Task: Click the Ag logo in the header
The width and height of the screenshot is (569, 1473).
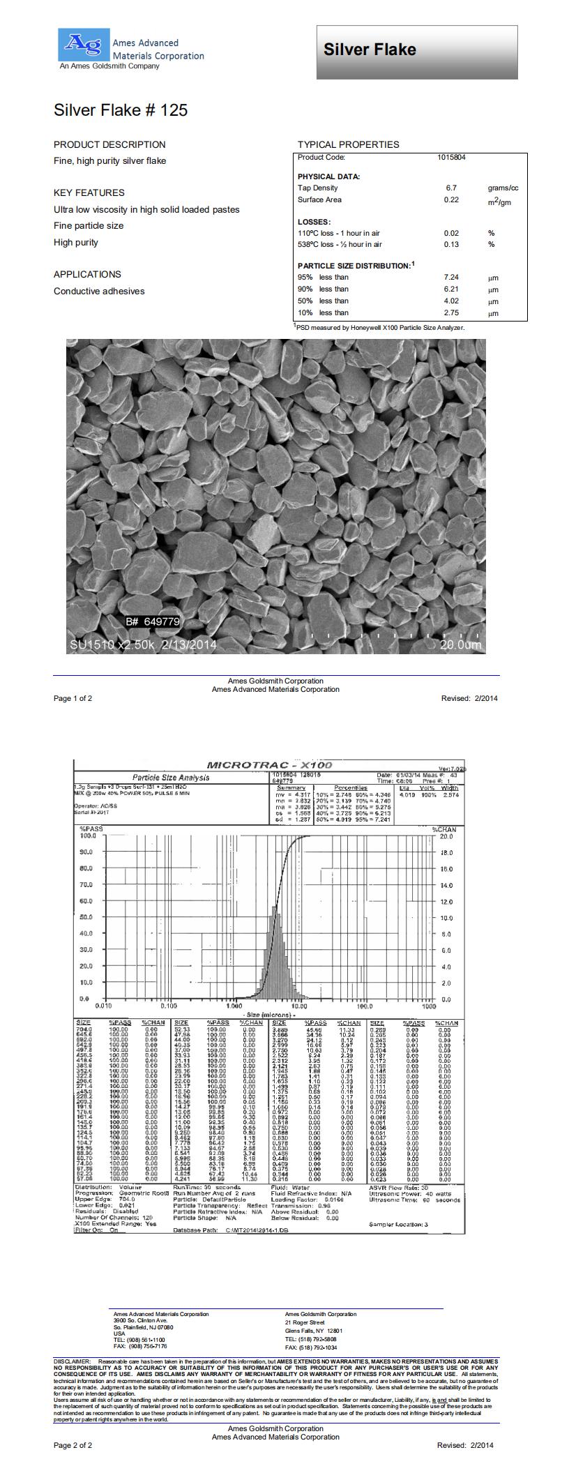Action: click(82, 43)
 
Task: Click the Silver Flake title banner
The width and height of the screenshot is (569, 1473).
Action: click(417, 52)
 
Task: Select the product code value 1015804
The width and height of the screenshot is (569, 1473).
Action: click(451, 158)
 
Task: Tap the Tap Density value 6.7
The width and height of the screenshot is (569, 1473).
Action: click(451, 188)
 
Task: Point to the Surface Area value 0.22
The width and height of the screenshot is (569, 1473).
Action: click(451, 200)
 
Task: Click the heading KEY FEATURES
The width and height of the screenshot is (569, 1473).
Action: click(89, 192)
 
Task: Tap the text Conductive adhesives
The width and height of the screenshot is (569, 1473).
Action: click(99, 292)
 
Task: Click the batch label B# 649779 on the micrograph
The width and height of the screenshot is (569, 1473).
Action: click(153, 621)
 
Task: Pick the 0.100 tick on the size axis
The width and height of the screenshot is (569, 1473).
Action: click(169, 1006)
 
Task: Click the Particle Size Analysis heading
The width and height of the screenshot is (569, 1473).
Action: click(171, 778)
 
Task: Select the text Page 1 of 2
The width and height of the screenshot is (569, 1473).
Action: click(73, 698)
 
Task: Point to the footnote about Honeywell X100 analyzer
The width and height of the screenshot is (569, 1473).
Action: click(380, 327)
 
